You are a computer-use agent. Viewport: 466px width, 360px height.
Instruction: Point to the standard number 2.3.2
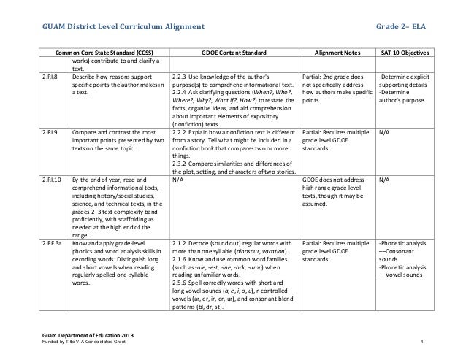(x=181, y=162)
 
